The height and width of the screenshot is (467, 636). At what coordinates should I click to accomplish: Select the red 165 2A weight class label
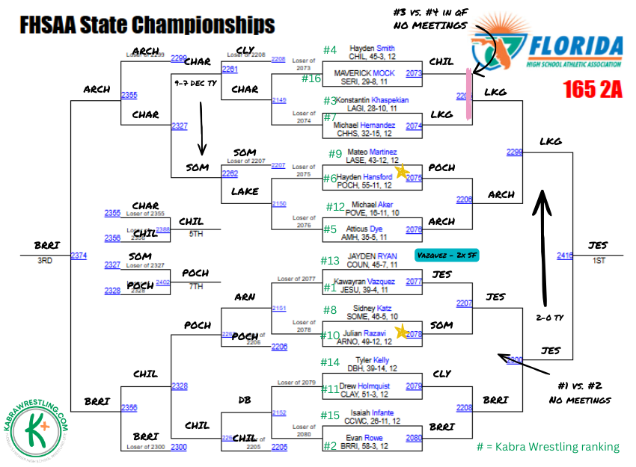(x=592, y=90)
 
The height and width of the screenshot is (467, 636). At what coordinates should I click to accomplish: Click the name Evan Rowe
(x=364, y=438)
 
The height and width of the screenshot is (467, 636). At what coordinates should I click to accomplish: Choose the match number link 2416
(x=565, y=256)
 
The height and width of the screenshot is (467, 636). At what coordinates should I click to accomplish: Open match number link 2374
(x=79, y=256)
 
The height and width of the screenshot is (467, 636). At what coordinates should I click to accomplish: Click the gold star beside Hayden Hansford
(x=401, y=172)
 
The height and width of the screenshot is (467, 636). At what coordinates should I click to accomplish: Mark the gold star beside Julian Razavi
(x=401, y=331)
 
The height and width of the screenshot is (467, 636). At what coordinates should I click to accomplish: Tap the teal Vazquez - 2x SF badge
(x=447, y=256)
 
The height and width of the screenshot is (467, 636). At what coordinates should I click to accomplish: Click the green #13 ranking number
(x=331, y=261)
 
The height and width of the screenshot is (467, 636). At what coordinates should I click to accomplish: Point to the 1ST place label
(x=599, y=261)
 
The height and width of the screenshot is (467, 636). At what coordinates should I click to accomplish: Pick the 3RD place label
(x=44, y=261)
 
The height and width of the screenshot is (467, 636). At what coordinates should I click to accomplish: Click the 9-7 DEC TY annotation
(x=195, y=84)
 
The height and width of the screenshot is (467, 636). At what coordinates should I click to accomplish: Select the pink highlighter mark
(x=469, y=94)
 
